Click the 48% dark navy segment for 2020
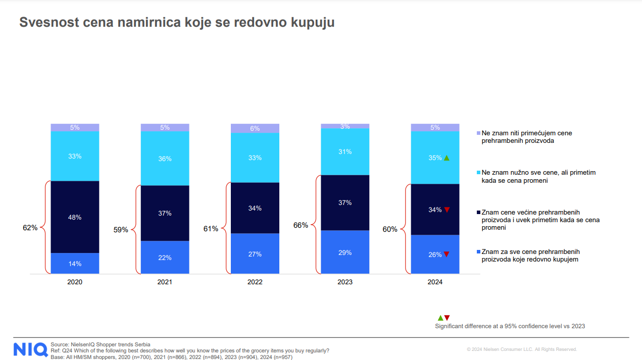click(x=75, y=217)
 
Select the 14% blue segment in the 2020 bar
click(x=75, y=264)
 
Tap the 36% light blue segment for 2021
click(x=165, y=159)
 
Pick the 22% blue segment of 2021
click(x=165, y=258)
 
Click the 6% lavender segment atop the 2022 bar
click(x=255, y=128)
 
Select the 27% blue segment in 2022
click(x=255, y=254)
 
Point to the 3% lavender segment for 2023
click(x=345, y=126)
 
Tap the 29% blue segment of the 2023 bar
click(x=345, y=252)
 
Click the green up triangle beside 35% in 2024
click(x=447, y=158)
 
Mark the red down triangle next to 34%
click(x=447, y=210)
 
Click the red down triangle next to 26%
click(x=447, y=254)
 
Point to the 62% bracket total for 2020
click(x=30, y=228)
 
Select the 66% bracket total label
click(x=301, y=225)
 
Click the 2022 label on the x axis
click(x=255, y=282)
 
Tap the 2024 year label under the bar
click(x=435, y=282)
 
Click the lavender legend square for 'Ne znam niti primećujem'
click(x=478, y=133)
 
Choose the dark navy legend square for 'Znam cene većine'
click(x=478, y=212)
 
